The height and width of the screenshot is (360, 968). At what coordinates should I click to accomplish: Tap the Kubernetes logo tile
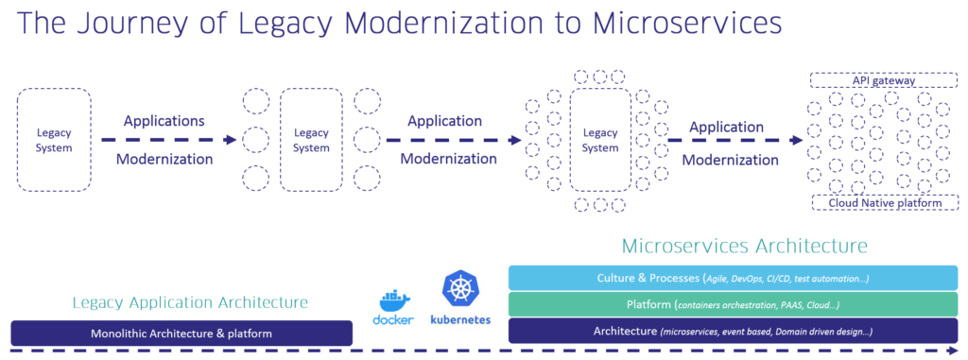pyautogui.click(x=460, y=297)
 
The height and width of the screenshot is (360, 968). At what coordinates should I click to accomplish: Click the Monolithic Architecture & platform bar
pyautogui.click(x=181, y=333)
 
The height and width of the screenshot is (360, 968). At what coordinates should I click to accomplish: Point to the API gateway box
pyautogui.click(x=883, y=81)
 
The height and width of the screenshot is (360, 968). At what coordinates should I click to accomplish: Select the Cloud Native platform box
pyautogui.click(x=883, y=202)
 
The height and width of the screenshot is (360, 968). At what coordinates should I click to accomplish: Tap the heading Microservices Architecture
pyautogui.click(x=744, y=246)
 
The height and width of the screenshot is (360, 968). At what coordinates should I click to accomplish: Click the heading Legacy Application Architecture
pyautogui.click(x=190, y=303)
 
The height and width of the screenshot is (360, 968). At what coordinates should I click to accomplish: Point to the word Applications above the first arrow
pyautogui.click(x=164, y=121)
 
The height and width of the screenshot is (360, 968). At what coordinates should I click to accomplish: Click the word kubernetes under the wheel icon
pyautogui.click(x=460, y=320)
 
